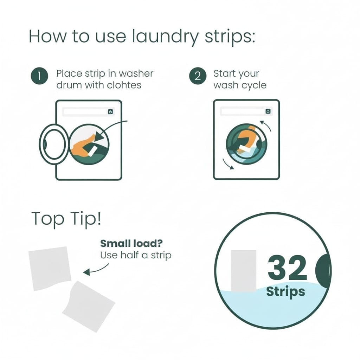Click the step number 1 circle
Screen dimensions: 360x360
pyautogui.click(x=39, y=76)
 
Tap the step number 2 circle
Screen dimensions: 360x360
pyautogui.click(x=198, y=76)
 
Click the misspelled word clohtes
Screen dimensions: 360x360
pyautogui.click(x=124, y=85)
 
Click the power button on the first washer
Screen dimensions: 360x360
pyautogui.click(x=110, y=112)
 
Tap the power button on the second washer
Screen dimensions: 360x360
pyautogui.click(x=268, y=111)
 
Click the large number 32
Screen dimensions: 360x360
pyautogui.click(x=287, y=268)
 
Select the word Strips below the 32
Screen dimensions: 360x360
pyautogui.click(x=285, y=292)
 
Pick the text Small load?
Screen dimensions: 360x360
pyautogui.click(x=131, y=243)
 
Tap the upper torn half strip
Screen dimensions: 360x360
pyautogui.click(x=50, y=268)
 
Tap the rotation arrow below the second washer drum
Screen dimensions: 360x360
pyautogui.click(x=228, y=164)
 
